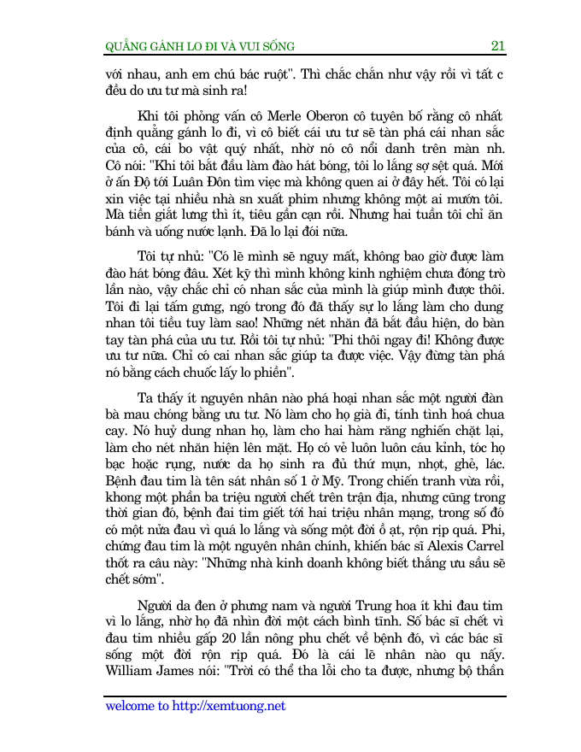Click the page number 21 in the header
(x=498, y=45)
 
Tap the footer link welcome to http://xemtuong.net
(x=195, y=707)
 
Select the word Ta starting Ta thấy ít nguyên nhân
(x=146, y=402)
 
